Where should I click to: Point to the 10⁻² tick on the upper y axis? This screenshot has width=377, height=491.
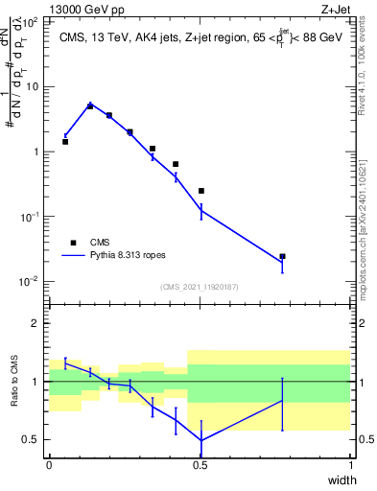point(35,281)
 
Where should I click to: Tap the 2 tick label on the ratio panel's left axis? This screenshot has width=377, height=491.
point(36,324)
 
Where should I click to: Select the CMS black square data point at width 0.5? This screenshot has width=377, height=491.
point(200,191)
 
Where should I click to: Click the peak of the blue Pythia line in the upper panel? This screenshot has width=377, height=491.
point(90,104)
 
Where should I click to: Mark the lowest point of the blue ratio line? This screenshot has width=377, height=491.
point(200,440)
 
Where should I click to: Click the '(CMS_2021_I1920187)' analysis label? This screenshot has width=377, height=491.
point(199,287)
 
